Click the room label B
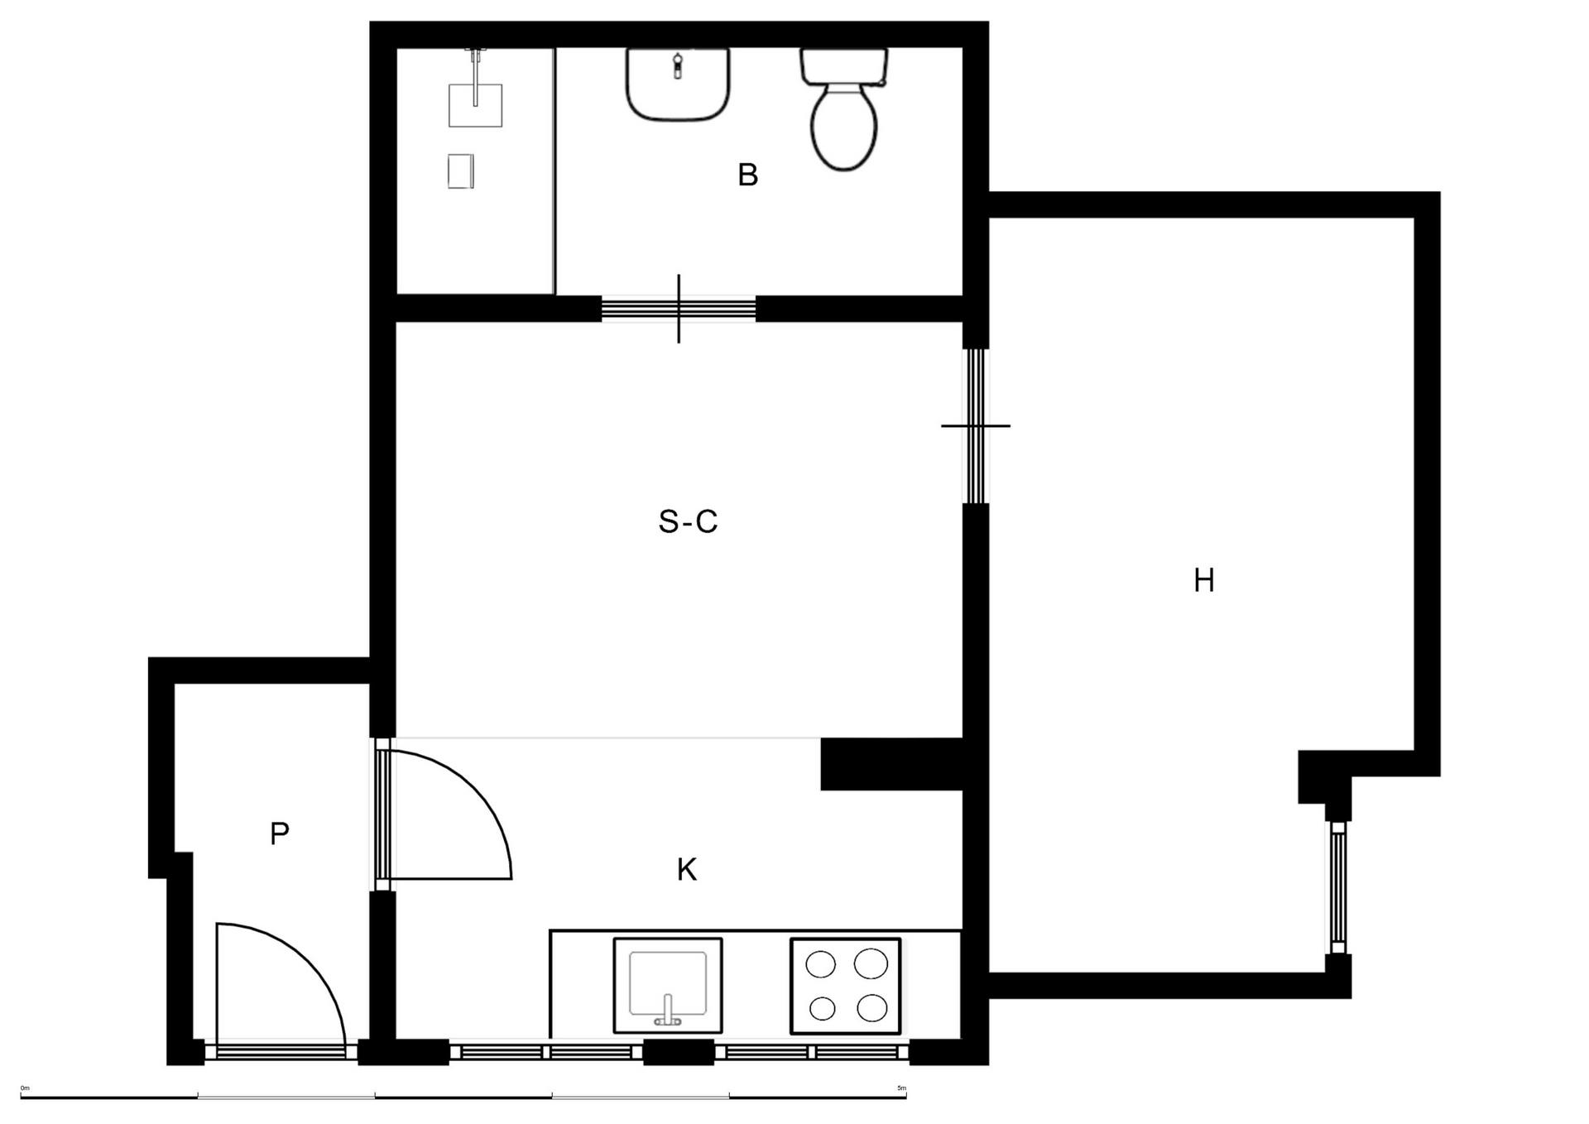[747, 175]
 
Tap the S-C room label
[688, 522]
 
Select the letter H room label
[1204, 581]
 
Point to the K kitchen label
[687, 870]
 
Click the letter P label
[280, 834]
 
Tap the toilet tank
[843, 65]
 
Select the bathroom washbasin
[678, 84]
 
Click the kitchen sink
[668, 984]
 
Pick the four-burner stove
[845, 985]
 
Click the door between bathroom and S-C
[679, 309]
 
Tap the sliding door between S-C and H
[976, 425]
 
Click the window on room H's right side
[1338, 887]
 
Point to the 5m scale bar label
[901, 1088]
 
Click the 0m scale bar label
[25, 1088]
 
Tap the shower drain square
[461, 171]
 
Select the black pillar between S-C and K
[891, 764]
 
